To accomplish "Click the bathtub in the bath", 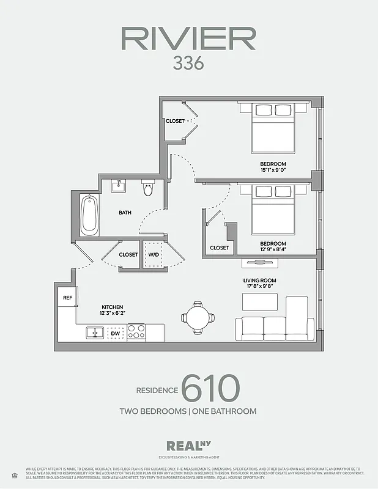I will click(x=89, y=214).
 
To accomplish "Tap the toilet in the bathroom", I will click(x=147, y=188).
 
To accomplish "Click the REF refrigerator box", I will click(x=67, y=298).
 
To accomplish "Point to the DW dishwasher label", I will click(x=115, y=333).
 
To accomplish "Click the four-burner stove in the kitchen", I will click(x=136, y=332).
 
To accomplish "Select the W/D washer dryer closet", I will click(x=154, y=254).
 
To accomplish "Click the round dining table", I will click(x=198, y=317).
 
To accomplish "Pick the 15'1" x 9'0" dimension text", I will click(x=273, y=171).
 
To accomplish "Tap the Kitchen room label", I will click(x=113, y=307).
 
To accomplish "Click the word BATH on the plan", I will click(x=125, y=213).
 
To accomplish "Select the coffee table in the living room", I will click(x=260, y=302).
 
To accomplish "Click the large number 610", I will click(x=210, y=388).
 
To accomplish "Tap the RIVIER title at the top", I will click(x=188, y=38).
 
